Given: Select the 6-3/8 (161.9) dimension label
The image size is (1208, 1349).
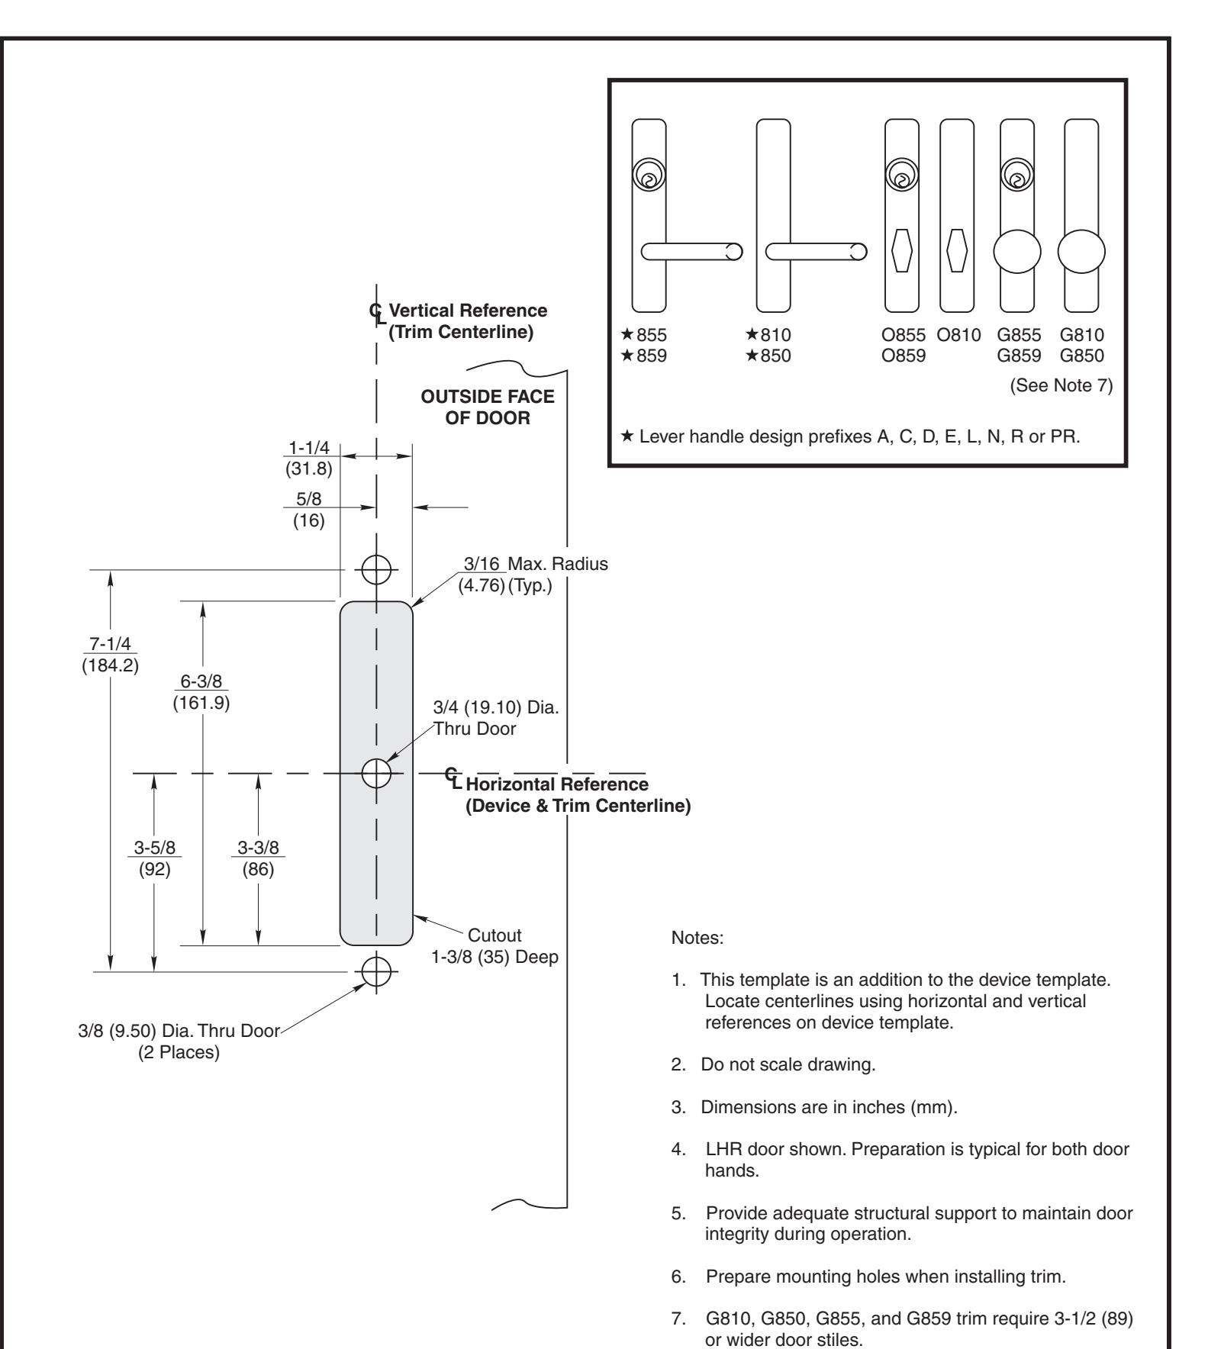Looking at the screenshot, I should (201, 692).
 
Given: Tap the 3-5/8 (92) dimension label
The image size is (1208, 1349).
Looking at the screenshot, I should (155, 859).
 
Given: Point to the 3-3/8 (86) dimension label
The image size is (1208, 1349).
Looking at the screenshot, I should (258, 859).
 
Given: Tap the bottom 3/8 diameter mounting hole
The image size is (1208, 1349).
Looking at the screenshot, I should (375, 972).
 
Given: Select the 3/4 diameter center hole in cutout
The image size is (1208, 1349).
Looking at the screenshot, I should (375, 773).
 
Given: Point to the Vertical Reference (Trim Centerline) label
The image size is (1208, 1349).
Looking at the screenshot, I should (467, 321).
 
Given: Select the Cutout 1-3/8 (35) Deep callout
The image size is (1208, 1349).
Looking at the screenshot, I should (494, 946).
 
